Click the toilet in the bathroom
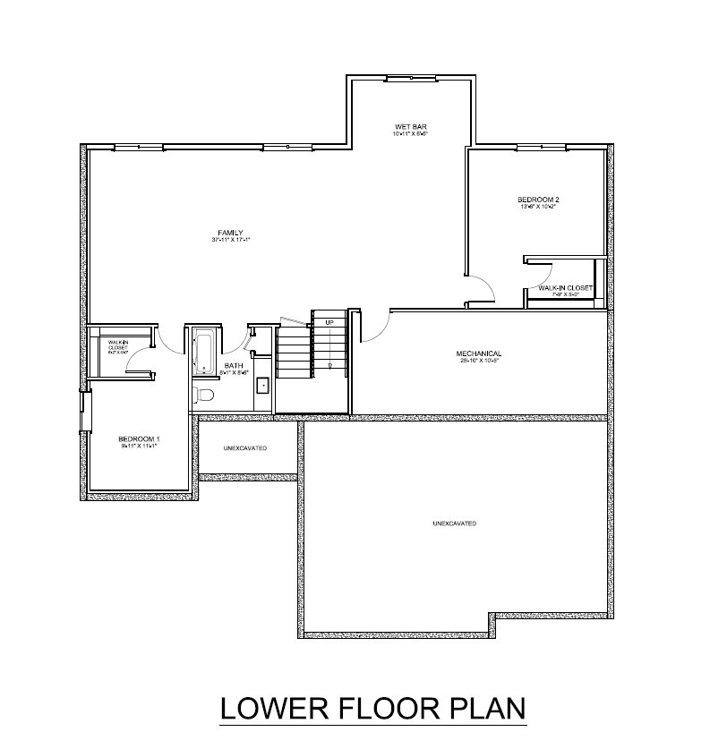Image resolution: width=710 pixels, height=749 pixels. pyautogui.click(x=205, y=394)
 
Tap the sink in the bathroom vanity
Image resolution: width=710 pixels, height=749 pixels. pyautogui.click(x=262, y=386)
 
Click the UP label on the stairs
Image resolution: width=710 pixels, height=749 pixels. pyautogui.click(x=329, y=322)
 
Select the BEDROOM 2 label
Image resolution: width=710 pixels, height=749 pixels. pyautogui.click(x=538, y=199)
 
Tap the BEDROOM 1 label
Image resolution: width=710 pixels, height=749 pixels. pyautogui.click(x=139, y=438)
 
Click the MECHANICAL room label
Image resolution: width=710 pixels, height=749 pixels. pyautogui.click(x=478, y=353)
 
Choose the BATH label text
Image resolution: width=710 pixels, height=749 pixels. pyautogui.click(x=234, y=365)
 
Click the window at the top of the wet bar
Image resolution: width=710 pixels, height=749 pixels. pyautogui.click(x=410, y=79)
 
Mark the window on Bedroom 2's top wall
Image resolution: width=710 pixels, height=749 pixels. pyautogui.click(x=537, y=146)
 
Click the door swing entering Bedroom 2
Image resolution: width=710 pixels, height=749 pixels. pyautogui.click(x=482, y=288)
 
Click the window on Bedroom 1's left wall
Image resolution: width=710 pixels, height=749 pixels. pyautogui.click(x=85, y=413)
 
